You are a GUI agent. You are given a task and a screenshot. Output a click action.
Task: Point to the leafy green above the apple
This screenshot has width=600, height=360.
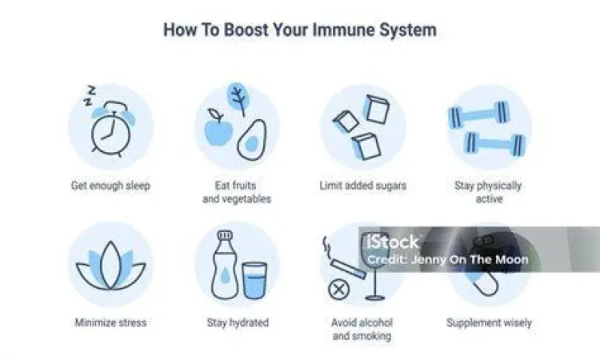[x=238, y=99]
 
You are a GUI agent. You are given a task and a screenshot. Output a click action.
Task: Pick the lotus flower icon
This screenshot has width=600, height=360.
[x=110, y=267]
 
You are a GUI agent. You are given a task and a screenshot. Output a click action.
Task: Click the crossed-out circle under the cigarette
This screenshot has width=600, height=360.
[x=339, y=290]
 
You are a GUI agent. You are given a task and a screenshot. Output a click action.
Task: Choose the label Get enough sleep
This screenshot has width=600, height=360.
[x=110, y=186]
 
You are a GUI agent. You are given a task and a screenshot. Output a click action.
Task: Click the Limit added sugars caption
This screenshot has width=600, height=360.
[x=362, y=186]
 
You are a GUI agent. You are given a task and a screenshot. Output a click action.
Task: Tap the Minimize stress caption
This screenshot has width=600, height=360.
[x=110, y=323]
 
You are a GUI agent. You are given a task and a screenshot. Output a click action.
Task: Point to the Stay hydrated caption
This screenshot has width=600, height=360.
[x=238, y=323]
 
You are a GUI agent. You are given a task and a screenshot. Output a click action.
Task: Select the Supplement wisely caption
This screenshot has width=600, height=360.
[x=489, y=323]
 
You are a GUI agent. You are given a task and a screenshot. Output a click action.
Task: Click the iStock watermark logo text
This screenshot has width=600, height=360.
[x=392, y=242]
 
